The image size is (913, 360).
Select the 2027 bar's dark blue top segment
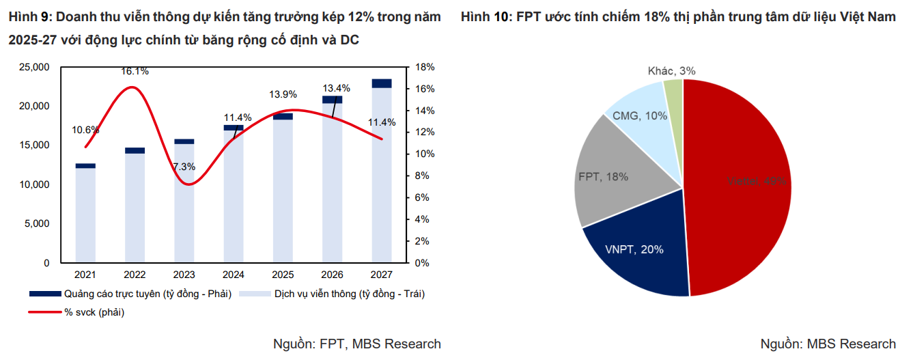coord(382,83)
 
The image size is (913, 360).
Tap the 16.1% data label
coord(135,71)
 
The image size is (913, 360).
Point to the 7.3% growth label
coord(184,166)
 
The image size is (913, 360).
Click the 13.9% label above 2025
coord(283,94)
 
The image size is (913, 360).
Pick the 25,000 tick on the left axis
coord(36,67)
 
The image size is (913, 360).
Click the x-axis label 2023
coord(184,275)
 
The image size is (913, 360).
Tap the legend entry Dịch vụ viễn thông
coord(349,294)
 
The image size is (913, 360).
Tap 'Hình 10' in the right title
coord(483,17)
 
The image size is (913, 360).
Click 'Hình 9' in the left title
coord(28,17)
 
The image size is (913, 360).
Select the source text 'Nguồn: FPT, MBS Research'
coord(356,344)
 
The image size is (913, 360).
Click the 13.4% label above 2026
coord(336,88)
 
